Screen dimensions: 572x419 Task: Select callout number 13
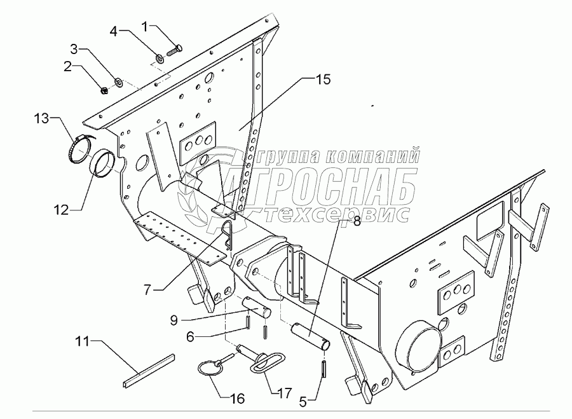(41, 119)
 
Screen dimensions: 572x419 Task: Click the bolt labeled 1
(173, 48)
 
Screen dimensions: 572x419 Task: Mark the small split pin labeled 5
(324, 367)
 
